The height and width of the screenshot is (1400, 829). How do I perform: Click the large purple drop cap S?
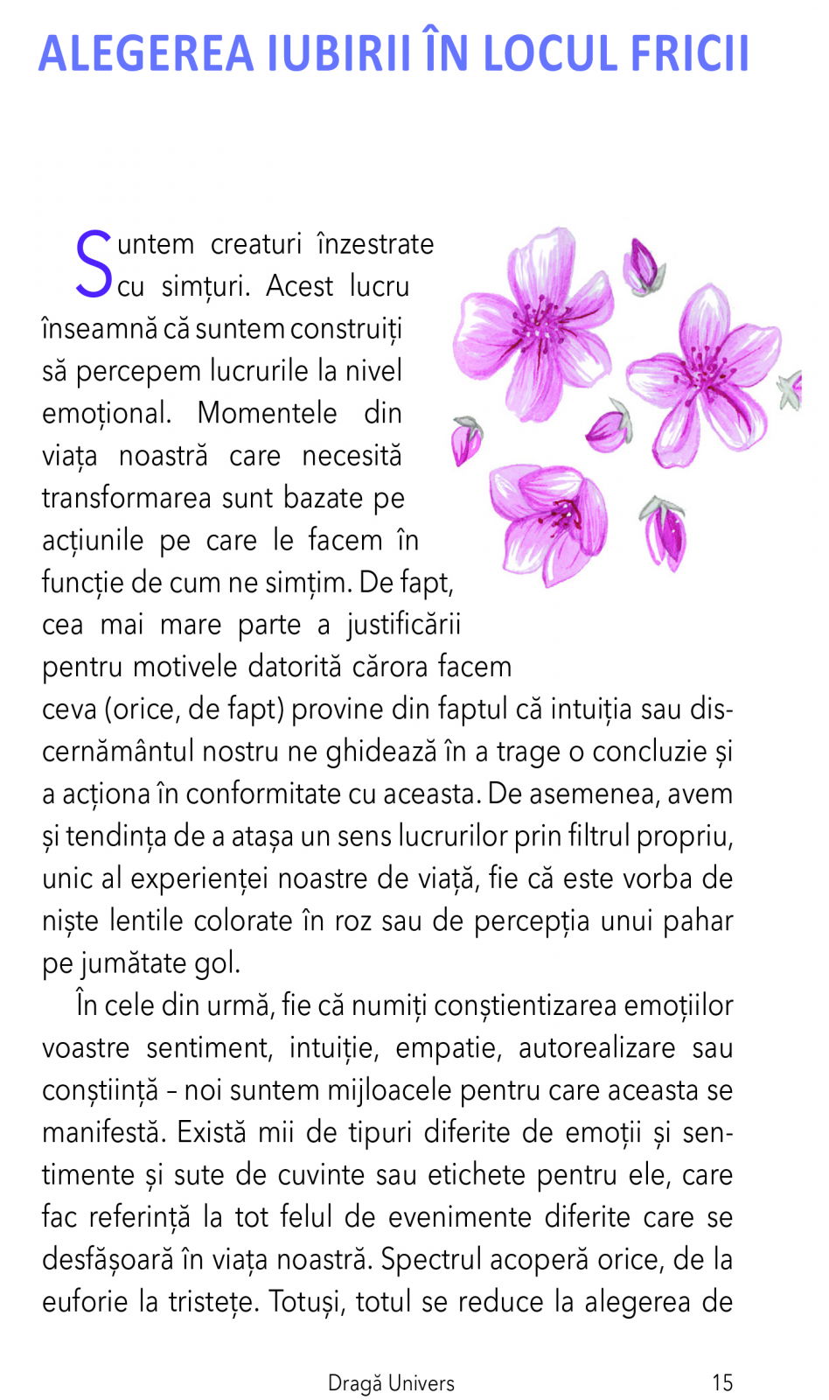[x=94, y=263]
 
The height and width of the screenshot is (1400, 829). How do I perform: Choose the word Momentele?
[x=267, y=413]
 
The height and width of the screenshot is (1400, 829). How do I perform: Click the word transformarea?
[x=127, y=498]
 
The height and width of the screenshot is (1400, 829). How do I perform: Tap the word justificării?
[x=403, y=625]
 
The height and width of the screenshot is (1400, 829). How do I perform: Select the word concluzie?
[x=651, y=752]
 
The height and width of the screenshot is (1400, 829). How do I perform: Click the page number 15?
[x=721, y=1382]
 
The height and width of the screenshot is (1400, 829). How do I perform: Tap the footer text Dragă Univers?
[x=391, y=1383]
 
